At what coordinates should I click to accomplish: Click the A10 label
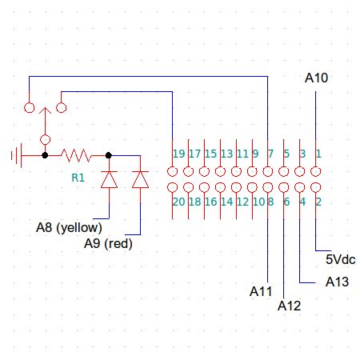(x=317, y=78)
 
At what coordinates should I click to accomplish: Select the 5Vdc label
(x=340, y=259)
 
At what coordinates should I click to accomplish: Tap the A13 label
(x=337, y=282)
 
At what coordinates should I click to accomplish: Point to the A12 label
(x=289, y=305)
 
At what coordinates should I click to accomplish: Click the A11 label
(x=261, y=290)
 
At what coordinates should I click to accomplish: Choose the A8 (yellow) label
(x=69, y=227)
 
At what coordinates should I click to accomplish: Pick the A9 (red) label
(x=108, y=243)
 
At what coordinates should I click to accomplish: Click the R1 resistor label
(x=78, y=178)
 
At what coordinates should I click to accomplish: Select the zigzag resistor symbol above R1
(x=78, y=154)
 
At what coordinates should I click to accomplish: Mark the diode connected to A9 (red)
(x=140, y=179)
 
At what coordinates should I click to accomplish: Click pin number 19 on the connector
(x=179, y=154)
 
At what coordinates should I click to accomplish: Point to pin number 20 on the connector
(x=179, y=202)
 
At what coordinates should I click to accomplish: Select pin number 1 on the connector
(x=318, y=154)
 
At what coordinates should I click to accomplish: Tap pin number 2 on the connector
(x=318, y=202)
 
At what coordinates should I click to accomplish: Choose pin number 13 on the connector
(x=226, y=154)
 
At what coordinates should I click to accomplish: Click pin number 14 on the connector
(x=226, y=202)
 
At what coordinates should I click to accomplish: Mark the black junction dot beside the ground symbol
(x=45, y=154)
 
